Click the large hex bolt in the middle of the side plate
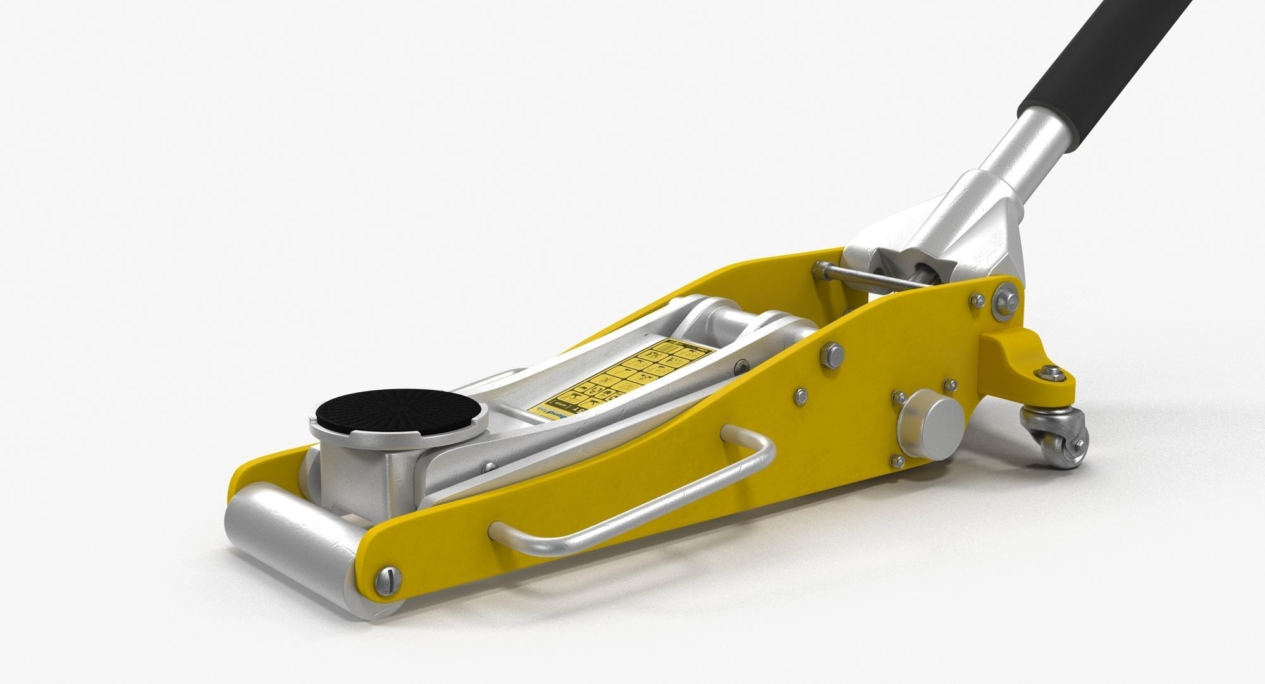pos(832,354)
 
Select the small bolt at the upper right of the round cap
pos(949,383)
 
